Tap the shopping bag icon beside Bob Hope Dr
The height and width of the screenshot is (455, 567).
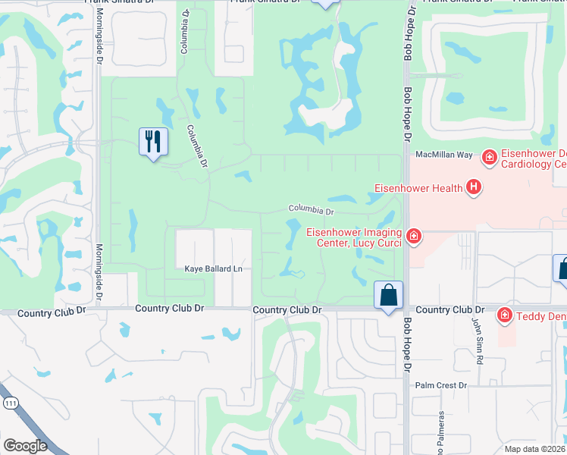click(x=388, y=295)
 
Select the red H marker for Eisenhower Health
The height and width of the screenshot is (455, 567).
click(x=474, y=187)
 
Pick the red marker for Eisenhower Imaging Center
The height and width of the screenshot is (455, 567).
click(x=413, y=237)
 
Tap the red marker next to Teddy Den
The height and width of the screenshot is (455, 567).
click(x=504, y=314)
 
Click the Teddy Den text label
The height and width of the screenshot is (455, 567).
click(x=542, y=315)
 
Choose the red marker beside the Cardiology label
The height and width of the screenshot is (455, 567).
click(x=490, y=158)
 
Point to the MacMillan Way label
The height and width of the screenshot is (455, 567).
click(x=443, y=155)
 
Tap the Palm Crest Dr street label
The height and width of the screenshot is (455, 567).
click(x=440, y=385)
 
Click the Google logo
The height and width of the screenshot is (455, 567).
click(x=25, y=446)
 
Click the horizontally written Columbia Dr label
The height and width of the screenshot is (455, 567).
click(x=311, y=209)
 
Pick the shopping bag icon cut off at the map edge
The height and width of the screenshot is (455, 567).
click(x=562, y=269)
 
